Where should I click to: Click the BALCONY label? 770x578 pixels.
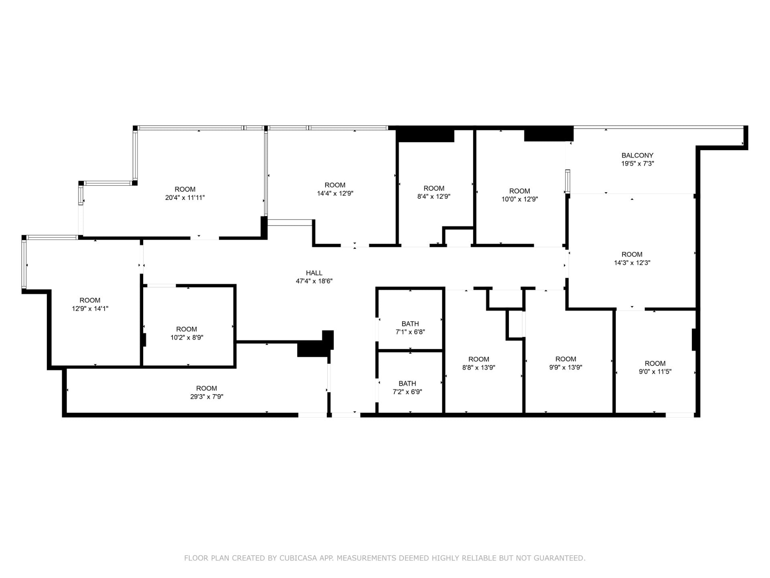coord(637,155)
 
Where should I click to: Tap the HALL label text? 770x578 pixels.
coord(314,273)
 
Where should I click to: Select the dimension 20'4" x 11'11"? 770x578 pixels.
coord(185,197)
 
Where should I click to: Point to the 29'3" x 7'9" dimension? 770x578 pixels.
coord(207,397)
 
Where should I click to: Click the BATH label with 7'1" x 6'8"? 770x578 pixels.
coord(410,324)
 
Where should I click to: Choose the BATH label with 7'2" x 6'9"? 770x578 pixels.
coord(407,383)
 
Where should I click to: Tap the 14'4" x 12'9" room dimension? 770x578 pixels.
coord(335,193)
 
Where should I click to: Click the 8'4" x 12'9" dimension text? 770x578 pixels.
coord(434,197)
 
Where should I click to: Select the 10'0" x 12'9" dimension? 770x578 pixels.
coord(519,199)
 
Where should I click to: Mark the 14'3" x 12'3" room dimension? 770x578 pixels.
coord(632,263)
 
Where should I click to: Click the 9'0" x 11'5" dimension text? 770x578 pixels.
coord(655,372)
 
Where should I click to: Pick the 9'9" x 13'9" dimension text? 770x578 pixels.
coord(565,367)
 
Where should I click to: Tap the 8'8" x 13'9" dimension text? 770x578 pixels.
coord(478,367)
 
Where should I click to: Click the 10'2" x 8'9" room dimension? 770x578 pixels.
coord(186,338)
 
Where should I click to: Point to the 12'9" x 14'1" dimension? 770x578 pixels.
coord(90,309)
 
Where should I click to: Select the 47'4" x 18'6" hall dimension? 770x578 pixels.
coord(314,281)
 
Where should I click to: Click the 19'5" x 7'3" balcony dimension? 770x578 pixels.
coord(637,164)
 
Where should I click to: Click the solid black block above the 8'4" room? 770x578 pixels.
coord(425,134)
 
